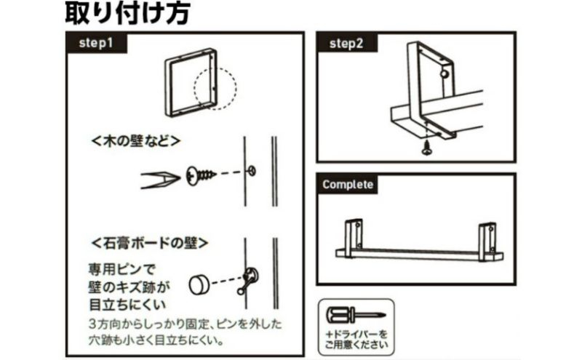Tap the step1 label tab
point(96,43)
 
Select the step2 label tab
point(347,43)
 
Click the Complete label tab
point(348,185)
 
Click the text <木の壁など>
point(136,141)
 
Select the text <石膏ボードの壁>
point(150,244)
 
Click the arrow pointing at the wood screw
point(160,180)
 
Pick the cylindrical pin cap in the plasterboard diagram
point(199,285)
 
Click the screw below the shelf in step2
point(427,148)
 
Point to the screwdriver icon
point(356,316)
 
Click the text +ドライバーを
point(356,334)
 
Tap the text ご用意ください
point(356,345)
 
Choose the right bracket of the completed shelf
point(487,241)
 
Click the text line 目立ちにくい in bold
point(127,305)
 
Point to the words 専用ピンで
point(121,269)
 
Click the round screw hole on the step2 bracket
point(444,73)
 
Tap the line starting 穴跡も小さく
point(156,340)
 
